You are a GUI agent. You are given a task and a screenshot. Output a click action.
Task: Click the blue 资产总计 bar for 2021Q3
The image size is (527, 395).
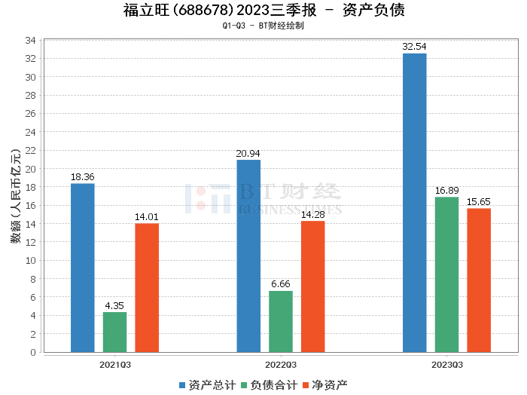tap(83, 268)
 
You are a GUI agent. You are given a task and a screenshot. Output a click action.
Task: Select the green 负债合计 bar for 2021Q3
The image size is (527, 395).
tap(114, 332)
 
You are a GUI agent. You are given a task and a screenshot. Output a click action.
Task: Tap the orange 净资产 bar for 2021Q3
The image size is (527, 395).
tap(147, 287)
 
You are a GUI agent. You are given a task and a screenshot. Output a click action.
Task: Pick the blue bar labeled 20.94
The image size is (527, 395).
tap(248, 256)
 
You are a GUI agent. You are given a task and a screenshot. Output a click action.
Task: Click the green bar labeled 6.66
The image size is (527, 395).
tap(281, 321)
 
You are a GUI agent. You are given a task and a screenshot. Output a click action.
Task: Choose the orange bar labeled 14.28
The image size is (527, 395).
tap(313, 286)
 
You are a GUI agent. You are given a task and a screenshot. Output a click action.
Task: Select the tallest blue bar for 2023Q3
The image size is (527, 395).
tap(414, 203)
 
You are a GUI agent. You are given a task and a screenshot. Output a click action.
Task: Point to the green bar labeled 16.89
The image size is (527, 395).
tap(446, 274)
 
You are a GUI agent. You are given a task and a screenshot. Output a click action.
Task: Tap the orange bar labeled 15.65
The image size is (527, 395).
tap(479, 280)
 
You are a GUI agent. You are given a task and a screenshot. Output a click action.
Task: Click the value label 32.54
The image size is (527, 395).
tap(414, 47)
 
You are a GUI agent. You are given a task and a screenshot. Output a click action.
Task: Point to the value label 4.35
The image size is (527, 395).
tap(114, 305)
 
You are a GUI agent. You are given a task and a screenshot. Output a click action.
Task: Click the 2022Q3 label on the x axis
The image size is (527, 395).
tap(281, 364)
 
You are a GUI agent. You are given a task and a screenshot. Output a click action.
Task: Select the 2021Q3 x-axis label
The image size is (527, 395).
tap(115, 364)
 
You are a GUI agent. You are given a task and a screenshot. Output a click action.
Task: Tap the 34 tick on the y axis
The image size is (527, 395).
tap(32, 40)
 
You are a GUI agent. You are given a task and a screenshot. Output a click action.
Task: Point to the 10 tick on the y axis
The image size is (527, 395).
tap(32, 260)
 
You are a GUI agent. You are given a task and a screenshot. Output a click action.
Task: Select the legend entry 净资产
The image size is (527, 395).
tap(325, 384)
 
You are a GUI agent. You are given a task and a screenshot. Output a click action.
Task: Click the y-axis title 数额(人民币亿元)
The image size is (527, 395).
tap(15, 196)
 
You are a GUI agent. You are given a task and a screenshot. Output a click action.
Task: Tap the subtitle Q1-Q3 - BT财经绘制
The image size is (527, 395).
tap(263, 26)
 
